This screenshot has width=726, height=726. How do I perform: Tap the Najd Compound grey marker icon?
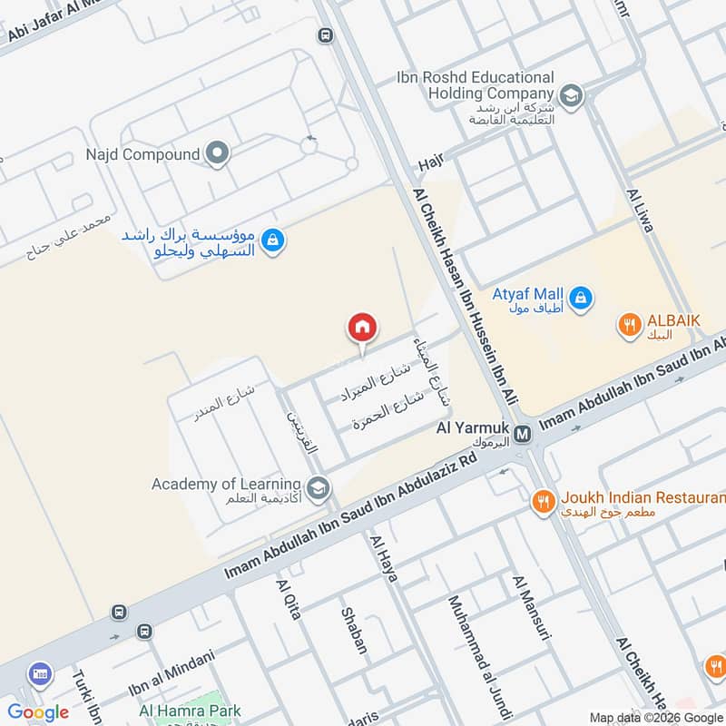pyautogui.click(x=216, y=154)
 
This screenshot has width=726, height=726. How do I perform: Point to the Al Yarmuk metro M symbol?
pyautogui.click(x=522, y=435)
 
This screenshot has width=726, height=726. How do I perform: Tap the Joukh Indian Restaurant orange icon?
pyautogui.click(x=543, y=499)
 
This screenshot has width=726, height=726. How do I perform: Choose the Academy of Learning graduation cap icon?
pyautogui.click(x=318, y=489)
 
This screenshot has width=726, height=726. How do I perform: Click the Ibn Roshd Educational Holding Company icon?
pyautogui.click(x=571, y=93)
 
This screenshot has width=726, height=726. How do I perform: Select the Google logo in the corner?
pyautogui.click(x=38, y=711)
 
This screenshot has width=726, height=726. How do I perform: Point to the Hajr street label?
pyautogui.click(x=429, y=164)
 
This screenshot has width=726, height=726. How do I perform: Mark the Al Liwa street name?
pyautogui.click(x=639, y=211)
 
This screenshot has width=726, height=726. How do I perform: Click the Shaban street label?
pyautogui.click(x=354, y=631)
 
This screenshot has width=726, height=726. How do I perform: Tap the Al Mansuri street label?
pyautogui.click(x=532, y=607)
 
